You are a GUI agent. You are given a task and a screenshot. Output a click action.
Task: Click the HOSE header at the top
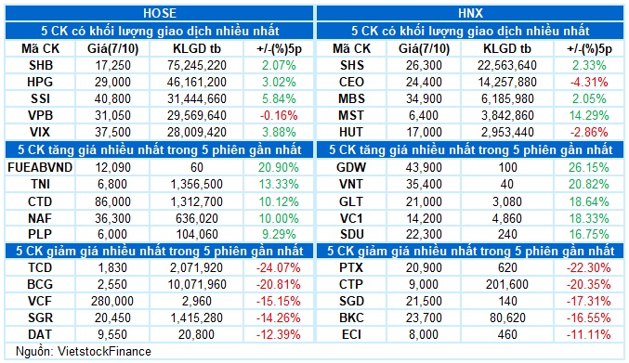click(158, 12)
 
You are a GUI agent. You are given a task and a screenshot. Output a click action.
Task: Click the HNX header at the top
click(470, 12)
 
